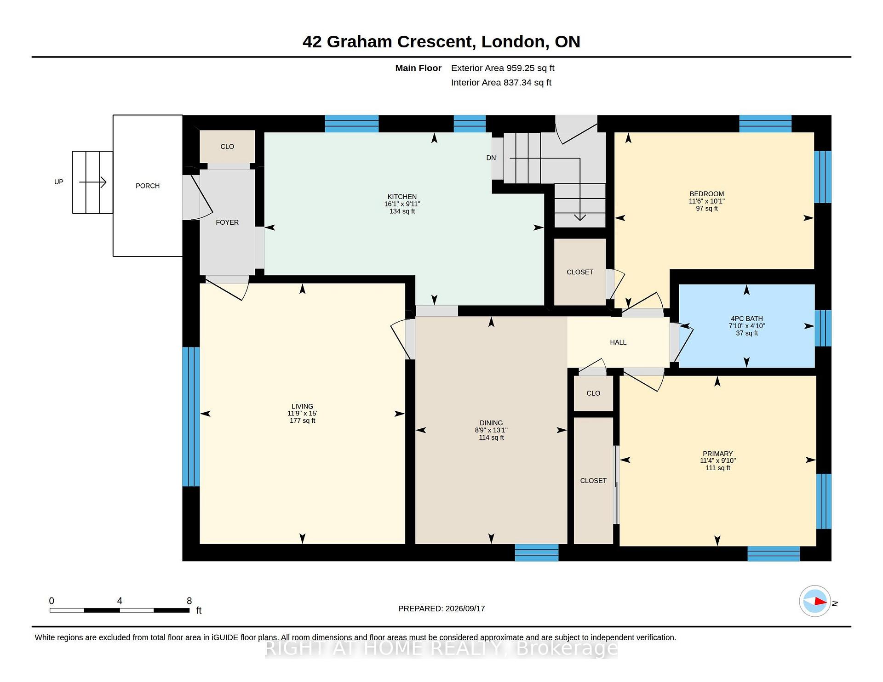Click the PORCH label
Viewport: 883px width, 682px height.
(148, 186)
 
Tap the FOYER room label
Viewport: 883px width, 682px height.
(227, 222)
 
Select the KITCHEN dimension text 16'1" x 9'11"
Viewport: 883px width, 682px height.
(402, 204)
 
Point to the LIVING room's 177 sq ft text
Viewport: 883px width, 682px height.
(302, 421)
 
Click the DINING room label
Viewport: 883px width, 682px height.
(491, 423)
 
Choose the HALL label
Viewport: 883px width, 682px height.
(618, 342)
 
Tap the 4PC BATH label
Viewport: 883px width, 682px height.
(747, 318)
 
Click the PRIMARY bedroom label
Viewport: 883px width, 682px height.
(717, 454)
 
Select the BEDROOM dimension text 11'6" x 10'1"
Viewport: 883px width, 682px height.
(706, 201)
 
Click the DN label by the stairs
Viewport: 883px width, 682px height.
(491, 158)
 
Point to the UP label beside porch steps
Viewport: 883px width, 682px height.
(59, 182)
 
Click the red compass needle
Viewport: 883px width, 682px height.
(820, 601)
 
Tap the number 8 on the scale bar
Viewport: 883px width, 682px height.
(189, 601)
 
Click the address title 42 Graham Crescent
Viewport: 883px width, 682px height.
(388, 42)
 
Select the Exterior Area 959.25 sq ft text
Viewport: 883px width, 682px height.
(503, 68)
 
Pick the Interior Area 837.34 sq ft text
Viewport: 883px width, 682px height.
(501, 83)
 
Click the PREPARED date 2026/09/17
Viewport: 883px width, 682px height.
(465, 608)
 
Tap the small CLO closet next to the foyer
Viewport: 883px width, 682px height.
(227, 147)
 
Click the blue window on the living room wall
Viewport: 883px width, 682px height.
(191, 416)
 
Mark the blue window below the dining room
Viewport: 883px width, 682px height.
(537, 552)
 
